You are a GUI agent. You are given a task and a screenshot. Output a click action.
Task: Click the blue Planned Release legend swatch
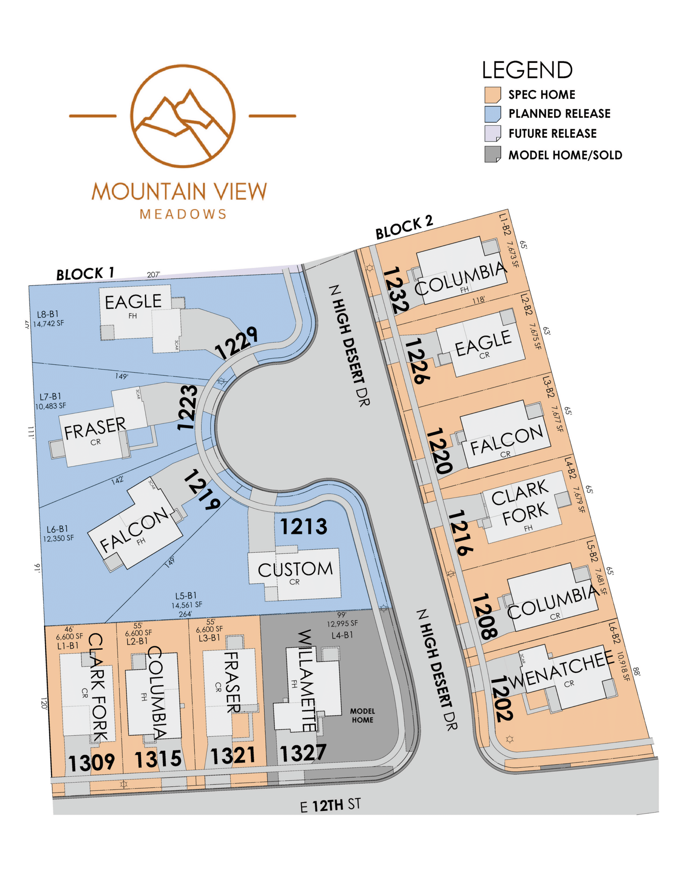pyautogui.click(x=492, y=114)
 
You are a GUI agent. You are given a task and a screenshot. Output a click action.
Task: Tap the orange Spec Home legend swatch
pyautogui.click(x=492, y=95)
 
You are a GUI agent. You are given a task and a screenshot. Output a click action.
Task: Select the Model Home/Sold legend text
pyautogui.click(x=565, y=155)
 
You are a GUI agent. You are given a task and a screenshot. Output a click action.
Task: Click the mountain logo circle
pyautogui.click(x=183, y=116)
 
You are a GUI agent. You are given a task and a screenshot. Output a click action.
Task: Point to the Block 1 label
pyautogui.click(x=85, y=274)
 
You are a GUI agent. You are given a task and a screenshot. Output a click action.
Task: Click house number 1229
pyautogui.click(x=236, y=343)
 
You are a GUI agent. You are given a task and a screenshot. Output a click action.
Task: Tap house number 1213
pyautogui.click(x=304, y=527)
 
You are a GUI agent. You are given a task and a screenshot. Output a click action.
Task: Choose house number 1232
pyautogui.click(x=395, y=290)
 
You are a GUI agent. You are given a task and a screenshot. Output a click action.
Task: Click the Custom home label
pyautogui.click(x=295, y=570)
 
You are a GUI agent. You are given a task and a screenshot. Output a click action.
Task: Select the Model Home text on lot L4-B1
pyautogui.click(x=362, y=716)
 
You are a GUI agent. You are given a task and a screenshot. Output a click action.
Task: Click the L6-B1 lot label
pyautogui.click(x=57, y=529)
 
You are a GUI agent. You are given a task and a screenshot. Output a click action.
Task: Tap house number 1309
pyautogui.click(x=91, y=763)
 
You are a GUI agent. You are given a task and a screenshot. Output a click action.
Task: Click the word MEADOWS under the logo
pyautogui.click(x=183, y=214)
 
